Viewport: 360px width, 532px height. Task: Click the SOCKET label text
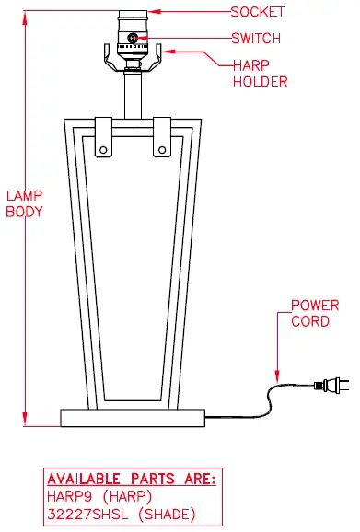257,12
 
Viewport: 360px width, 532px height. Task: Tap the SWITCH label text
256,39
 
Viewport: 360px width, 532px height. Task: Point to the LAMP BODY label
24,203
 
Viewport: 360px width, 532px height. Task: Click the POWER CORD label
315,313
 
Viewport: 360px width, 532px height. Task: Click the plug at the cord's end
331,386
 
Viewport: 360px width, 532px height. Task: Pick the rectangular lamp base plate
133,418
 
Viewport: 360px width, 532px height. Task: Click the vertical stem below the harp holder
134,92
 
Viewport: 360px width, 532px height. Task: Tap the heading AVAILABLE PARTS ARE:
131,479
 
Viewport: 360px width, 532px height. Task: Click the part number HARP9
66,496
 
